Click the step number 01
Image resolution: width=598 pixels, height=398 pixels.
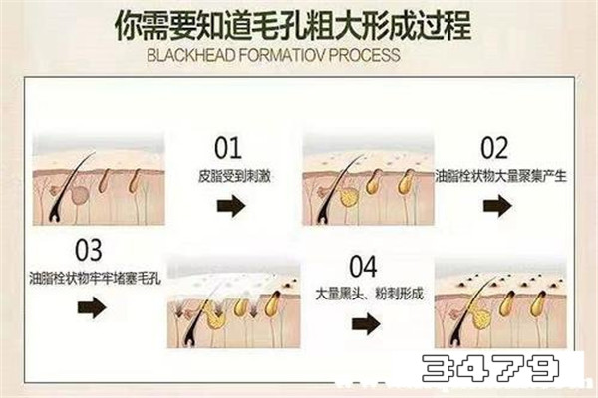pyautogui.click(x=228, y=148)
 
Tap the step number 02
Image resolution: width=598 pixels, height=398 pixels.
pyautogui.click(x=494, y=148)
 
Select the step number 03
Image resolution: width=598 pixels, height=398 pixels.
pyautogui.click(x=89, y=250)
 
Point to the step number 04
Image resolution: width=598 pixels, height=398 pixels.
pyautogui.click(x=363, y=267)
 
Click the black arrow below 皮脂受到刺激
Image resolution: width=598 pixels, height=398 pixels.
pyautogui.click(x=231, y=206)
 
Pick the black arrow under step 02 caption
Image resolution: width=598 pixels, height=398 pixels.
pyautogui.click(x=497, y=206)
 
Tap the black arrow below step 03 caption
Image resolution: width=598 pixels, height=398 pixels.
pyautogui.click(x=92, y=307)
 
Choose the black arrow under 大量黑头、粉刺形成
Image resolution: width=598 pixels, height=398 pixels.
pyautogui.click(x=366, y=324)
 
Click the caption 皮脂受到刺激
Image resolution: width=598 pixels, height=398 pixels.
pyautogui.click(x=234, y=176)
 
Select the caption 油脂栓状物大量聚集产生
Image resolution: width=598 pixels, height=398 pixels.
pyautogui.click(x=500, y=176)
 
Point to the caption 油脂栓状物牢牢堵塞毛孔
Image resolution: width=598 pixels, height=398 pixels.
pyautogui.click(x=96, y=278)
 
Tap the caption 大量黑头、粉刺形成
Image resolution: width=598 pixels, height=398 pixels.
pyautogui.click(x=369, y=294)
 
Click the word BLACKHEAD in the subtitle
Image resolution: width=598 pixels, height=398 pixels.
pyautogui.click(x=191, y=56)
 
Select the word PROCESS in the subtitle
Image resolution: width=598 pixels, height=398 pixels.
pyautogui.click(x=364, y=56)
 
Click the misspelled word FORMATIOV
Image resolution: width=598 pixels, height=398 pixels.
pyautogui.click(x=282, y=56)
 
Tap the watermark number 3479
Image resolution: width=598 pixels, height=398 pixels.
pyautogui.click(x=490, y=368)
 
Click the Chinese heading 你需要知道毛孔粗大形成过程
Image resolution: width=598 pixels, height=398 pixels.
pyautogui.click(x=293, y=25)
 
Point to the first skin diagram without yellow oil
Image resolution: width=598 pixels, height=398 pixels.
pyautogui.click(x=99, y=179)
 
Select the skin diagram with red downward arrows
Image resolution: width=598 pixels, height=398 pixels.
pyautogui.click(x=234, y=301)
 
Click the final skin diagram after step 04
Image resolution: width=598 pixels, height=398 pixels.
pyautogui.click(x=500, y=302)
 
